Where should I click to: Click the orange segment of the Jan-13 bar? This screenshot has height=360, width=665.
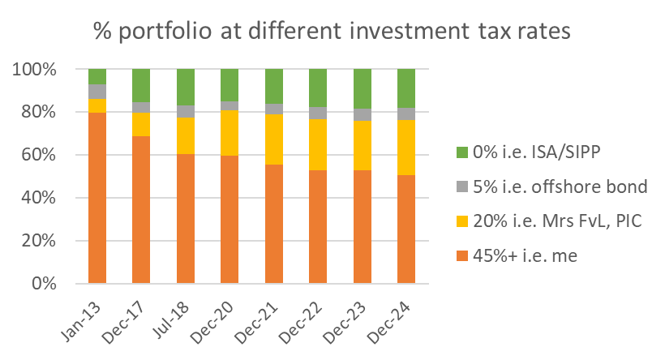pos(97,198)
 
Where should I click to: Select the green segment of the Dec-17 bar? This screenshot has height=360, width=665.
pos(141,85)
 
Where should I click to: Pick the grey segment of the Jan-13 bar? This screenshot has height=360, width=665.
pos(97,91)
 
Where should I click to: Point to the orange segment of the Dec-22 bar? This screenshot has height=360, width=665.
pos(318,226)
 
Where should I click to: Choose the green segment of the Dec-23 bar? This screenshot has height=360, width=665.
pos(362,88)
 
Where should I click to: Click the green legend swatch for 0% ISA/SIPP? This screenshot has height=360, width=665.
pos(462,152)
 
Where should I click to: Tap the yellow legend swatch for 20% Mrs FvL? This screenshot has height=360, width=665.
pos(462,221)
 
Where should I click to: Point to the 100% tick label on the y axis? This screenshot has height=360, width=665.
pos(34,70)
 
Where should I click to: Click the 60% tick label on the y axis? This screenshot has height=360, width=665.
pos(38,155)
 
